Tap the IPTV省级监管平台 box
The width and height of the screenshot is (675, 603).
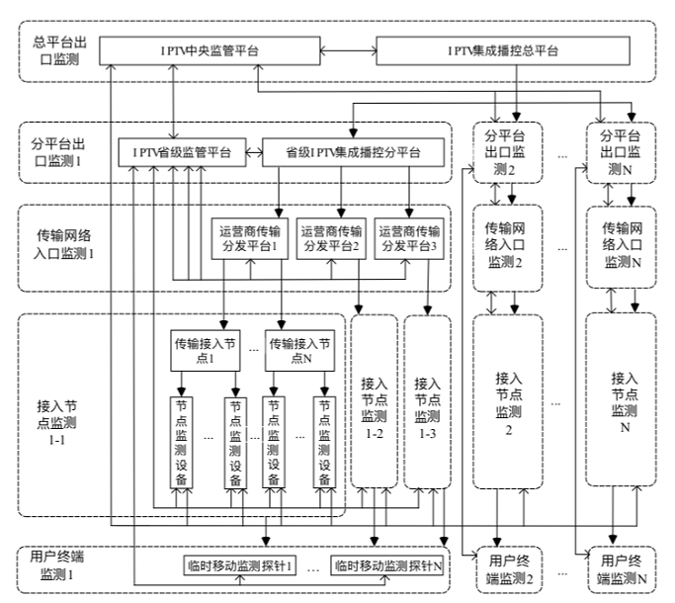182,153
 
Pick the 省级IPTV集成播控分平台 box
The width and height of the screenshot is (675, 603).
351,153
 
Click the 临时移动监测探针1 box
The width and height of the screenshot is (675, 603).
240,566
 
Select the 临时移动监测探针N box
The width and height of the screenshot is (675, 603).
386,566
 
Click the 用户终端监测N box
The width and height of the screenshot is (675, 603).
621,569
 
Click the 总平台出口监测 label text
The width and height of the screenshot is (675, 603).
57,50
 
